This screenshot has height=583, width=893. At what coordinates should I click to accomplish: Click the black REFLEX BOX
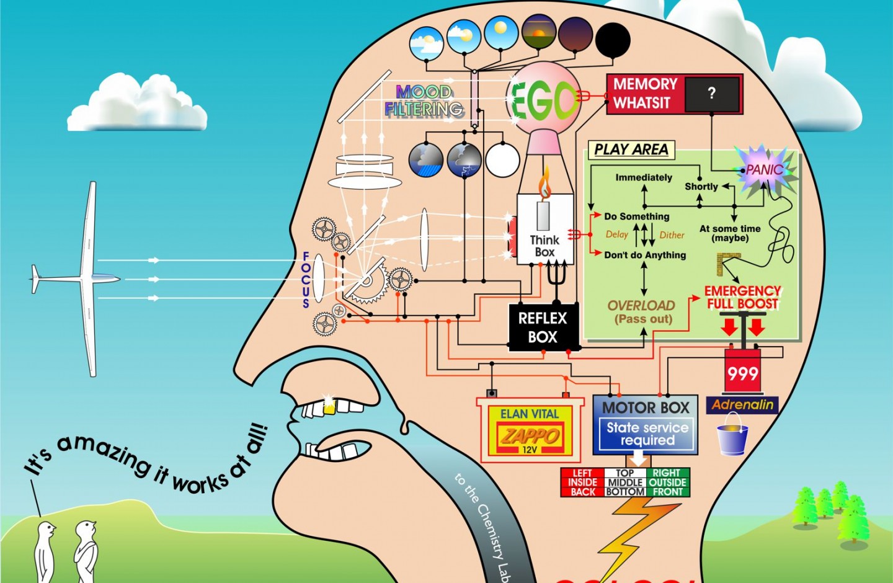pos(543,327)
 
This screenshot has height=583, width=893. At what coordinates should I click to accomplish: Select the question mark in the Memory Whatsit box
pos(711,94)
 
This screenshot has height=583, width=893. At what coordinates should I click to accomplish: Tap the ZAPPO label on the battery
pos(530,435)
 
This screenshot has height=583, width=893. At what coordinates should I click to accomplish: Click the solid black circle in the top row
pos(613,40)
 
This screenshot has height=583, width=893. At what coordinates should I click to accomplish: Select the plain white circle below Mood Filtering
pos(502,159)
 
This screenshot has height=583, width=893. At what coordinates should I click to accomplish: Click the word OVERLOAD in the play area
pos(641,305)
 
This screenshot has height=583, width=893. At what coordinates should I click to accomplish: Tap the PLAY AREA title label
pos(631,149)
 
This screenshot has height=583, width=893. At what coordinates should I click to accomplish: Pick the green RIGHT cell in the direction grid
pos(667,473)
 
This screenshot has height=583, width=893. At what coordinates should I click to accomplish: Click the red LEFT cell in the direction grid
pos(582,473)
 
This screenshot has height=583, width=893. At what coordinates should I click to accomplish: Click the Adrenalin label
pos(742,405)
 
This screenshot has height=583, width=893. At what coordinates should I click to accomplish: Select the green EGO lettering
pos(542,100)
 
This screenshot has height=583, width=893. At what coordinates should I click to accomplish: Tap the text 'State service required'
pos(647,434)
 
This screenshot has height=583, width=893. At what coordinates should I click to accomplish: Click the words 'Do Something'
pos(637,216)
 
